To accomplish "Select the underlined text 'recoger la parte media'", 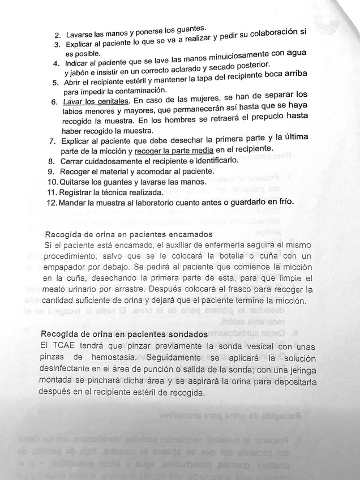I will coord(174,151).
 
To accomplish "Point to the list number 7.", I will coord(53,140).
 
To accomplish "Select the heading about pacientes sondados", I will coord(124,335).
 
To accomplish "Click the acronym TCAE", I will coord(58,345).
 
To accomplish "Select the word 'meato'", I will coord(55,289).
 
